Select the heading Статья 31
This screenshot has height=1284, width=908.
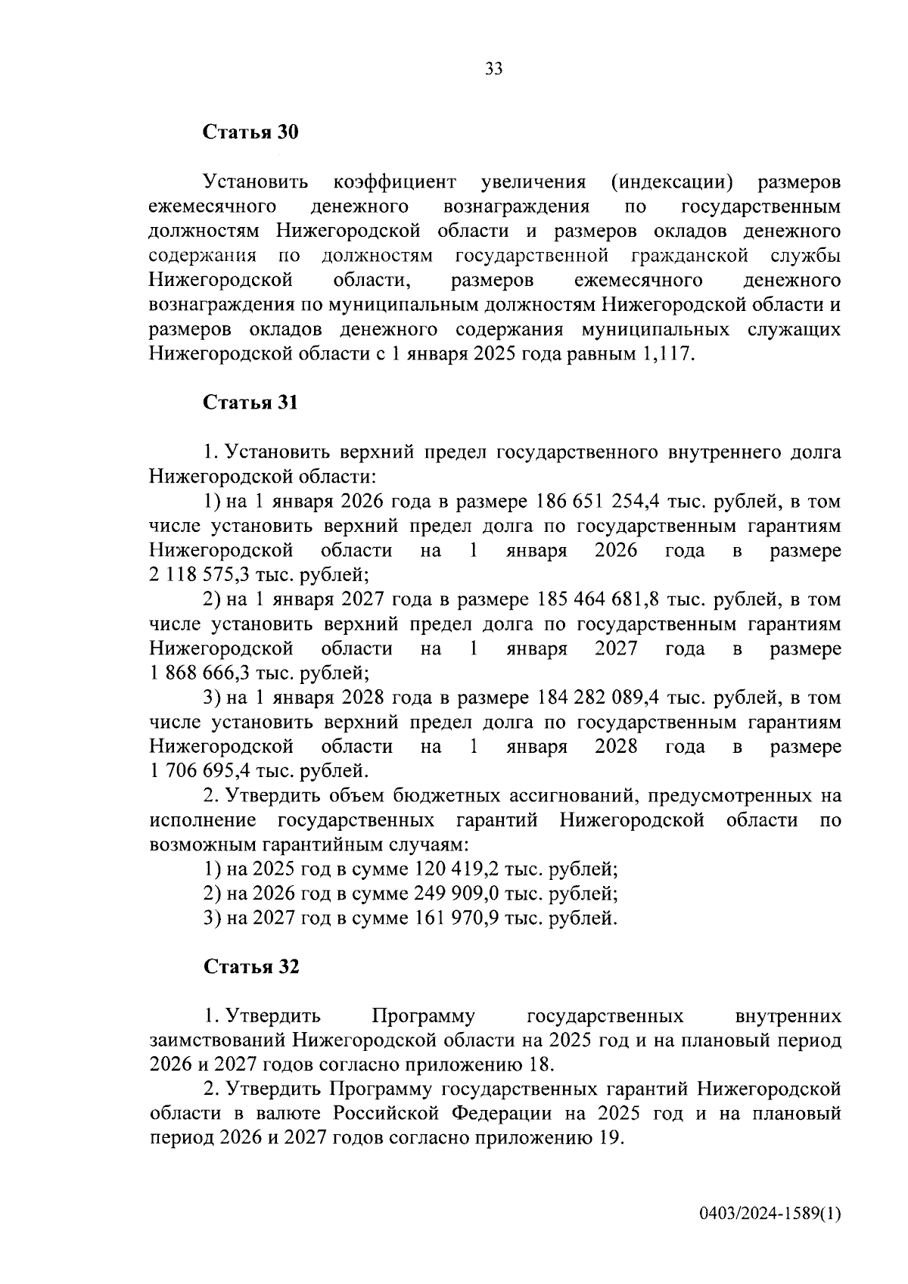click(x=250, y=403)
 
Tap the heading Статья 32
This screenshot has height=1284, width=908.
click(x=250, y=967)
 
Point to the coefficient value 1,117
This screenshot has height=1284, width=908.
click(x=666, y=354)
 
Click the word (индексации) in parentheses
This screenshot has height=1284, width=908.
click(x=671, y=182)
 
